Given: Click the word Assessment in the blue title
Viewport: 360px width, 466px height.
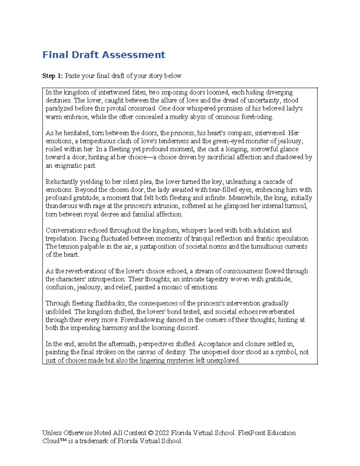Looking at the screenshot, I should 133,55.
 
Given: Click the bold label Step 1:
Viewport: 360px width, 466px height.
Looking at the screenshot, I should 52,76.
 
